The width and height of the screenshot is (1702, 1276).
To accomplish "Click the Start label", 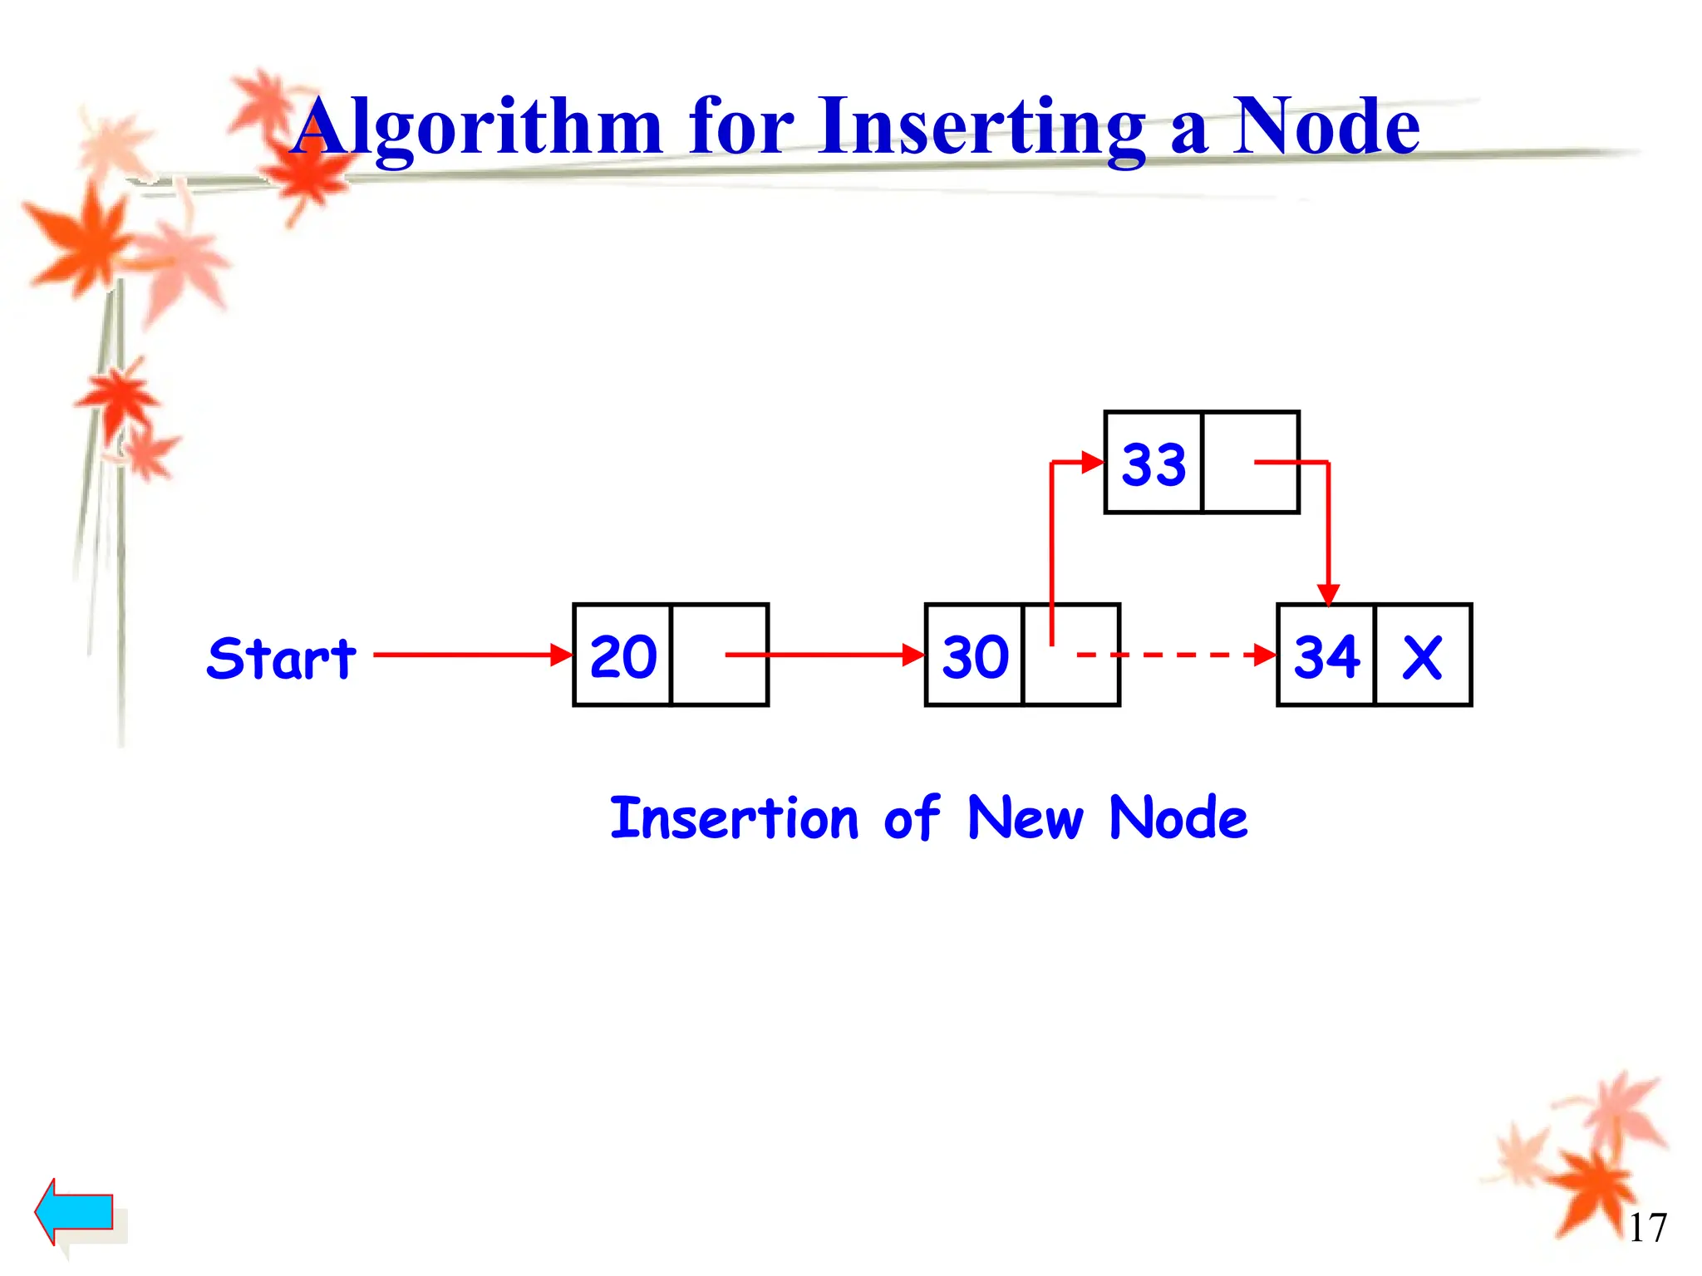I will (x=281, y=659).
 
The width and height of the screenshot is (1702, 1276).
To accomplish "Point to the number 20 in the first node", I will (x=623, y=656).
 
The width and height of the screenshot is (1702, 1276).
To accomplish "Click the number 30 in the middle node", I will (x=975, y=656).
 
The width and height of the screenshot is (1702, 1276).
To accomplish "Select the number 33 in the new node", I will (x=1154, y=464).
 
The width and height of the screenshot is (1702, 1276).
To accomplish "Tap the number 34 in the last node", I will (x=1327, y=656).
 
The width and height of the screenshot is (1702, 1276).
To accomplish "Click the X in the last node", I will (x=1422, y=658).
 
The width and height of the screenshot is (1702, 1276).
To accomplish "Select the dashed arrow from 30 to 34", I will (x=1180, y=655).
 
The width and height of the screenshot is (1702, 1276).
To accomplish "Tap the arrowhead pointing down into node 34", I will (x=1328, y=593).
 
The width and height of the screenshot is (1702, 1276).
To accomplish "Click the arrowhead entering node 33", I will (x=1092, y=462).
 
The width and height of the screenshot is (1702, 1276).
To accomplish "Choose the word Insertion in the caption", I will (x=734, y=818).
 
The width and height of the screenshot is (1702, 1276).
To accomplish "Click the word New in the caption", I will (x=1026, y=818).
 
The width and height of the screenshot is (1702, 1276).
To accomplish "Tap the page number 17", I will (x=1647, y=1228).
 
